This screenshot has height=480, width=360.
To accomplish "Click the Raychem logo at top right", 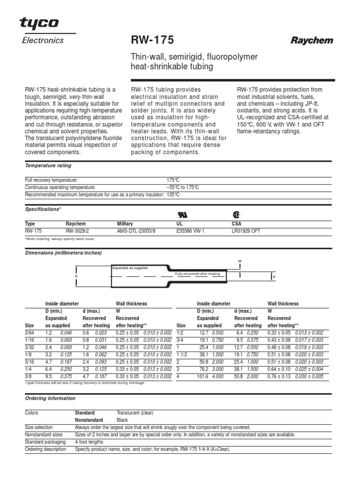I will tap(312, 41).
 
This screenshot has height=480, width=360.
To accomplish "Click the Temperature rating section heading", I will tap(48, 165).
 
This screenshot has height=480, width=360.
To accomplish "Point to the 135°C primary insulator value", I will tap(173, 195).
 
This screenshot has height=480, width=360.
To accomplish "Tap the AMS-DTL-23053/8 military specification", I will tap(137, 231).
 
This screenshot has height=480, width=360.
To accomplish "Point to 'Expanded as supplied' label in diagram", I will tap(129, 268).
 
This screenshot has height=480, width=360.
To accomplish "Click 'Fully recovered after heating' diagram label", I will tap(197, 273).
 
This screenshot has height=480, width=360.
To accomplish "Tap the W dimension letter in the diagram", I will tap(240, 260).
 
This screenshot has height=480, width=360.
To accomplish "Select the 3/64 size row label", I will tap(30, 332).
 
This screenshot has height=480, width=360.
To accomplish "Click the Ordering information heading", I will tap(50, 398).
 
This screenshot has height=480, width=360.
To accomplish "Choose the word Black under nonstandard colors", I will tap(122, 420).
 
